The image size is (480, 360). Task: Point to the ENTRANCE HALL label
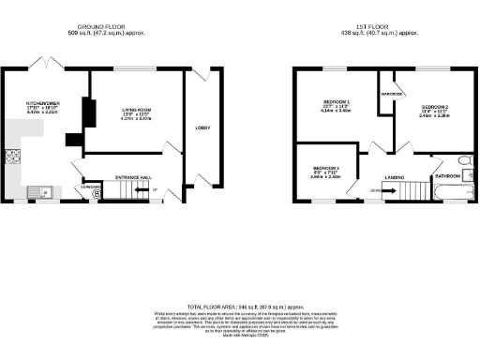pyautogui.click(x=132, y=175)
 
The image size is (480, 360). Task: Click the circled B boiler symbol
pyautogui.click(x=93, y=195)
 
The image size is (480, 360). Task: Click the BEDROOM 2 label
pyautogui.click(x=434, y=108)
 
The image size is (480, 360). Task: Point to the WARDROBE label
pyautogui.click(x=391, y=94)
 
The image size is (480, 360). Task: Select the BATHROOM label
pyautogui.click(x=446, y=175)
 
